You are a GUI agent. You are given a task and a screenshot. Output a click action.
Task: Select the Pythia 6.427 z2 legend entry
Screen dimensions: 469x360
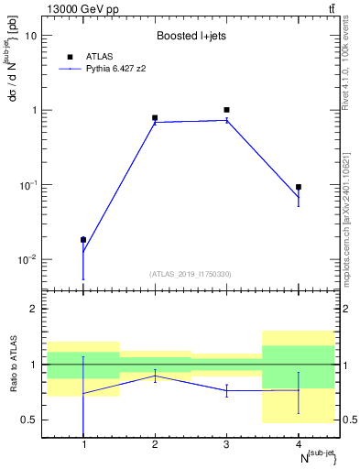click(115, 69)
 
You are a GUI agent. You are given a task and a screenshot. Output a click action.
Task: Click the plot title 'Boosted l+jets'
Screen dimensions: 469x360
click(190, 37)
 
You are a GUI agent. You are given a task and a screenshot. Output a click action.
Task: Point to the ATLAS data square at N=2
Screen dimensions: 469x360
click(155, 118)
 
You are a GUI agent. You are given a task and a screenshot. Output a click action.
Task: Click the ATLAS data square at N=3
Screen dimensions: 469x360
click(226, 110)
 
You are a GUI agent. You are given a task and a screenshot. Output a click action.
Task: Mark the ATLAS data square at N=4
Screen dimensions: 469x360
click(299, 187)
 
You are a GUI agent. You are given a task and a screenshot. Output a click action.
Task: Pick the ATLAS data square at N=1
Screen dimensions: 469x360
click(83, 240)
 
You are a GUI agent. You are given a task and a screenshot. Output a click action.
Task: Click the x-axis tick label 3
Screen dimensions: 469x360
click(226, 445)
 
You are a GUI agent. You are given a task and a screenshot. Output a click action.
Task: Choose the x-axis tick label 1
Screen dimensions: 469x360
click(83, 445)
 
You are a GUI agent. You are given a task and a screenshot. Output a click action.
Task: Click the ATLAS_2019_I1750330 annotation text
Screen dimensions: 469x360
click(191, 274)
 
